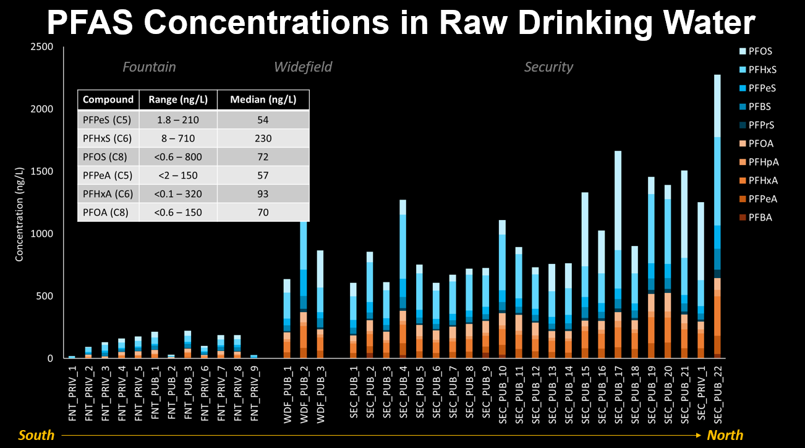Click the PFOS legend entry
pos(760,51)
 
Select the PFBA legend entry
pos(760,218)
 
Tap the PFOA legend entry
pos(760,144)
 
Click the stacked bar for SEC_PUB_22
pos(717,216)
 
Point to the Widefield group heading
pos(303,67)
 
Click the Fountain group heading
pos(149,67)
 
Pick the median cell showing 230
pos(263,138)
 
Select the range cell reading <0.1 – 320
pos(178,193)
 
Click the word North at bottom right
pos(725,436)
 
